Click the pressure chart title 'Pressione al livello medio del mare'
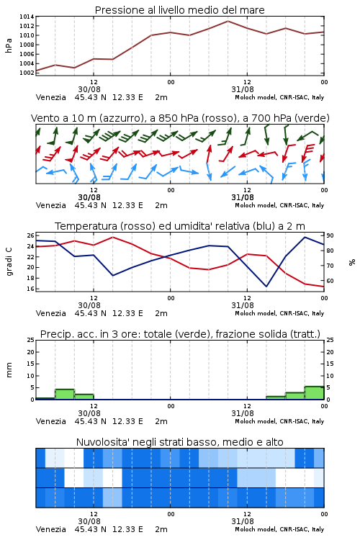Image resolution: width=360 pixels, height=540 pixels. [179, 10]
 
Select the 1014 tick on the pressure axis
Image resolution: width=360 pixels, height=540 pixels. [27, 17]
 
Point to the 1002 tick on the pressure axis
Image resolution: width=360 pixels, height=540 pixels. [27, 73]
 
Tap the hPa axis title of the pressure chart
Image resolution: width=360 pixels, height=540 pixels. [9, 45]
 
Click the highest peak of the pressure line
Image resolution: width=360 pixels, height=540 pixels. [228, 21]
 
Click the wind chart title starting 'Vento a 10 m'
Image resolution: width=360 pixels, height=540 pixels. [180, 118]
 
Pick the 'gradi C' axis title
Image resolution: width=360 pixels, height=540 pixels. [9, 261]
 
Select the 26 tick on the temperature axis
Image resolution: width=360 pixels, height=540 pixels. [31, 235]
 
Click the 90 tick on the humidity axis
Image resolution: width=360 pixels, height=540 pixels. [330, 235]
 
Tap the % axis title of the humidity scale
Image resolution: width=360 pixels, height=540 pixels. [352, 262]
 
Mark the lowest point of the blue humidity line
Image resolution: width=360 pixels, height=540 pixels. [266, 287]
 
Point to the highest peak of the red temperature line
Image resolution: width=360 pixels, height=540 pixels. [112, 237]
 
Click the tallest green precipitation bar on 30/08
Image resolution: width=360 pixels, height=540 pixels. [65, 394]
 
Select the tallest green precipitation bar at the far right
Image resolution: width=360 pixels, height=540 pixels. [314, 393]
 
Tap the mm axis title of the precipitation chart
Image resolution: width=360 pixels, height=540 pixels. [9, 369]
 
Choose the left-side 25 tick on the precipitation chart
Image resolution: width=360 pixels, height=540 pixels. [31, 340]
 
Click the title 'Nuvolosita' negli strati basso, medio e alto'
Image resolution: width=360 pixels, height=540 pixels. [179, 442]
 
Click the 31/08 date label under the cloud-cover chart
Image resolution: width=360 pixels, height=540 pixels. [243, 521]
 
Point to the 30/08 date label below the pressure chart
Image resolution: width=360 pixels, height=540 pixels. [89, 89]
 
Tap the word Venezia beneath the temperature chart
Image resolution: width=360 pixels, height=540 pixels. [50, 313]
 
